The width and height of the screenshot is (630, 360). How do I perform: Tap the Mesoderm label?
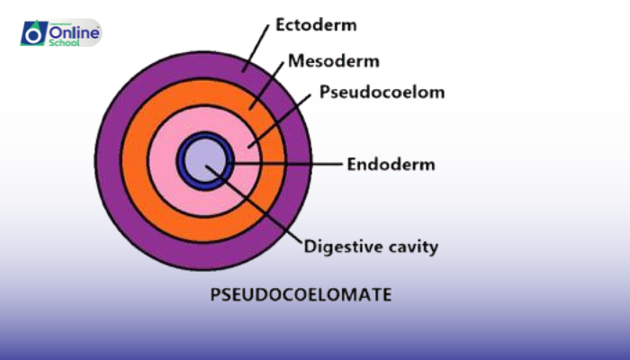(334, 61)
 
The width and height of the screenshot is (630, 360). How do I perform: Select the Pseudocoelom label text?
(369, 92)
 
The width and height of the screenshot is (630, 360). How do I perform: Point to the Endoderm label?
(391, 164)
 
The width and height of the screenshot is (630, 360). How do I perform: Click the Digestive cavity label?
(371, 245)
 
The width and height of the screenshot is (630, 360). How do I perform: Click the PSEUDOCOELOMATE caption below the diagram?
(301, 293)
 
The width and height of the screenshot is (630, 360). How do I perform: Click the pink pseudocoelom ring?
(162, 162)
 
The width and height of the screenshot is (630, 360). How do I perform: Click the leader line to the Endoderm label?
(288, 164)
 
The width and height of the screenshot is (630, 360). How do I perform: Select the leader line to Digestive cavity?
(261, 207)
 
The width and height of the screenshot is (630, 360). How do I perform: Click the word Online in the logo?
(71, 30)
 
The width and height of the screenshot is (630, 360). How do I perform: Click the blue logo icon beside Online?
(33, 34)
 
